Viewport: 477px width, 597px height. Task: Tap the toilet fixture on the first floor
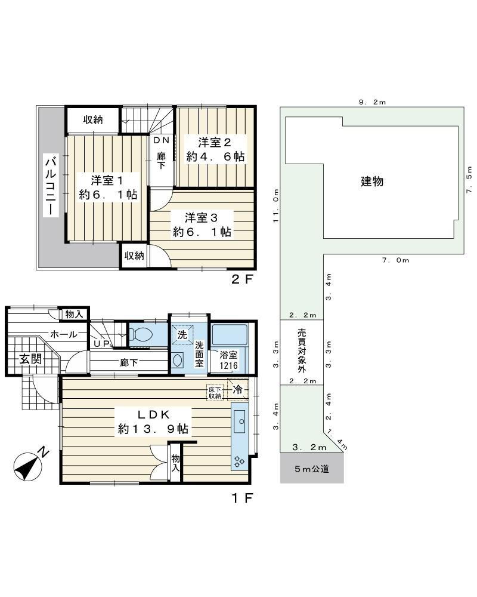(x=141, y=335)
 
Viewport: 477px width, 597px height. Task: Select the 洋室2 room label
(x=215, y=143)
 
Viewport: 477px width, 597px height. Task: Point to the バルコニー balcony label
(x=51, y=186)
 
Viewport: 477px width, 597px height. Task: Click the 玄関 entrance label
(x=30, y=359)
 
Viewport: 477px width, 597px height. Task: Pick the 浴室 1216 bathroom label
(x=228, y=360)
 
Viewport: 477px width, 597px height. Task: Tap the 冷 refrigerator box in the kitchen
(x=237, y=389)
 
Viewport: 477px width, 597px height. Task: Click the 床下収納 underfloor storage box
(x=215, y=393)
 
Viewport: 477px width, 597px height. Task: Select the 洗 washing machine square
(x=182, y=335)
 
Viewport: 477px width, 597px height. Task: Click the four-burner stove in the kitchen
(x=239, y=461)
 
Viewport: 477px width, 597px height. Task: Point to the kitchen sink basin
(x=241, y=421)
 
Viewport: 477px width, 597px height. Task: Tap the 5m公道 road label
(x=311, y=469)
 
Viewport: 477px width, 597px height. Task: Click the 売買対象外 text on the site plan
(x=302, y=350)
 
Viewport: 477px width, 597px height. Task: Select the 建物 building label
(x=372, y=181)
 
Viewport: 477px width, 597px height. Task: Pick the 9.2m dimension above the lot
(x=373, y=102)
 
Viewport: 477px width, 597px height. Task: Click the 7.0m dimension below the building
(x=395, y=260)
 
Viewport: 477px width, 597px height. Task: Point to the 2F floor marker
(x=242, y=279)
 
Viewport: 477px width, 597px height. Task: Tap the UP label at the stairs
(x=101, y=343)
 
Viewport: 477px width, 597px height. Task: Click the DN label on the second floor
(x=161, y=140)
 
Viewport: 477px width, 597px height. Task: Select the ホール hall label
(x=64, y=334)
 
